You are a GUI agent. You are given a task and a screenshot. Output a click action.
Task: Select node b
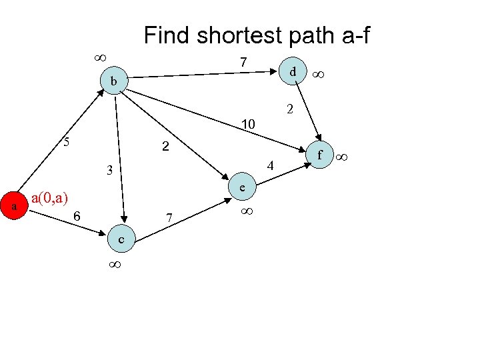click(x=114, y=81)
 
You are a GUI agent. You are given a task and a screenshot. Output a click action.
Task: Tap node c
click(x=121, y=239)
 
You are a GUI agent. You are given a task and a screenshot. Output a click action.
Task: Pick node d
click(x=293, y=70)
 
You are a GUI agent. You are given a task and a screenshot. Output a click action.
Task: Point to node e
click(x=243, y=189)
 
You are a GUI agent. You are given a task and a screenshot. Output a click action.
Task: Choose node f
click(x=320, y=156)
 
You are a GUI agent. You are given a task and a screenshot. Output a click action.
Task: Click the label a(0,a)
click(x=50, y=198)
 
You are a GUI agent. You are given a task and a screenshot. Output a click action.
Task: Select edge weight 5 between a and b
click(x=66, y=141)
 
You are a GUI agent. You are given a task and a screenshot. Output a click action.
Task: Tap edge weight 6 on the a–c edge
click(x=77, y=216)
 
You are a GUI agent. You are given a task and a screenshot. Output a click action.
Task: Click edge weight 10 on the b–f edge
click(x=248, y=123)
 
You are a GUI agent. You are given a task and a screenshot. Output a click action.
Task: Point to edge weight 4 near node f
click(x=270, y=165)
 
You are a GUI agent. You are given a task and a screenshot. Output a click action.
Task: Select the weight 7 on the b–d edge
click(x=244, y=62)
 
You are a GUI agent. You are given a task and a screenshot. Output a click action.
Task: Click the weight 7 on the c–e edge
click(x=170, y=218)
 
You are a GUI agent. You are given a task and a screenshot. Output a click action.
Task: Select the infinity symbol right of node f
click(x=342, y=157)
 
